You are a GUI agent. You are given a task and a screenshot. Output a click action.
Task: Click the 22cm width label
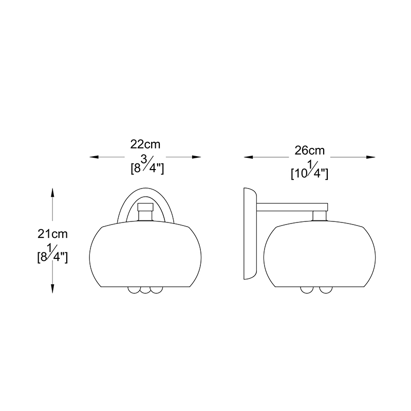pyautogui.click(x=145, y=144)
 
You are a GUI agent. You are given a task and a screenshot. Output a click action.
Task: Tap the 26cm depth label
pyautogui.click(x=310, y=151)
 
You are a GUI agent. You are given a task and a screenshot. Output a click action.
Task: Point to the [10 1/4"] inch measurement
pyautogui.click(x=310, y=171)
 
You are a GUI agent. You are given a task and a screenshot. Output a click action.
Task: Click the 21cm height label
pyautogui.click(x=52, y=234)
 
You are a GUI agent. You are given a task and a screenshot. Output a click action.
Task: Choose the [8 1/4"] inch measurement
pyautogui.click(x=52, y=254)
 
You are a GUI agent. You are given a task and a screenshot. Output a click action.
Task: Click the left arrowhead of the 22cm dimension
pyautogui.click(x=94, y=157)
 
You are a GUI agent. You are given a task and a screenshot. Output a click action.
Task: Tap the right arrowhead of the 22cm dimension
pyautogui.click(x=197, y=157)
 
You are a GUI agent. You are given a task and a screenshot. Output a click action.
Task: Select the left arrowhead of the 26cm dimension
pyautogui.click(x=249, y=157)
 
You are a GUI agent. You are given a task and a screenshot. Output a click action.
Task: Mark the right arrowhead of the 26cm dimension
pyautogui.click(x=370, y=157)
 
